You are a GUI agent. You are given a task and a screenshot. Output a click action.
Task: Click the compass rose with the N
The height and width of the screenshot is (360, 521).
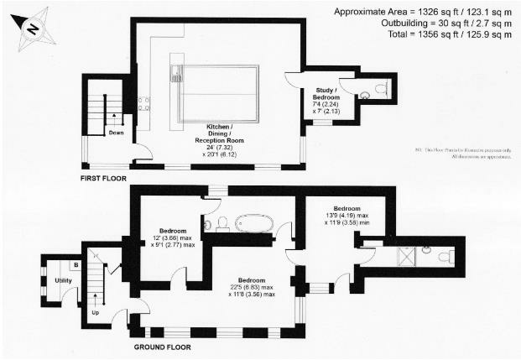pyautogui.click(x=32, y=28)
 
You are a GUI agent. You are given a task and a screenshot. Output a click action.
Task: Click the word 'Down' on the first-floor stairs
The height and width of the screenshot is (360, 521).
pyautogui.click(x=115, y=132)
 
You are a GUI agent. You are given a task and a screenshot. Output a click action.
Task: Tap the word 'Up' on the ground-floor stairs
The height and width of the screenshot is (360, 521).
pyautogui.click(x=94, y=312)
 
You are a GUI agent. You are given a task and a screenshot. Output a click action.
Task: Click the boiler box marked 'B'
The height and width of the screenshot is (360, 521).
pyautogui.click(x=76, y=265)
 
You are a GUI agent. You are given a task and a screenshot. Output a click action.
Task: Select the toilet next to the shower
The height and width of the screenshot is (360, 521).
pyautogui.click(x=428, y=250)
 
